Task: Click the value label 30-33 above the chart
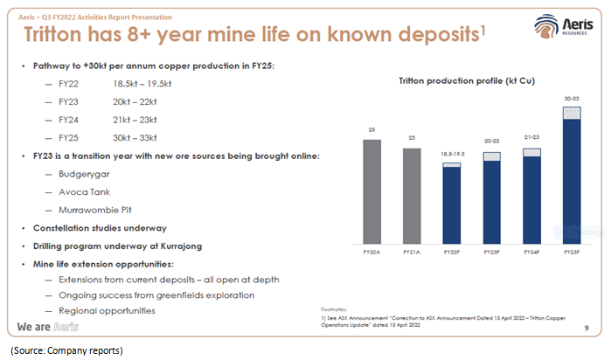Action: click(x=571, y=99)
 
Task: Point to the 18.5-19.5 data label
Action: click(x=451, y=153)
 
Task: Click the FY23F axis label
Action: click(x=491, y=252)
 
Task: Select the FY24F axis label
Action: click(x=531, y=252)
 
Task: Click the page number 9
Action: click(x=585, y=329)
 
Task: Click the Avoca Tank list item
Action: click(x=83, y=191)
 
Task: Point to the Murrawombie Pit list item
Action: click(x=95, y=210)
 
